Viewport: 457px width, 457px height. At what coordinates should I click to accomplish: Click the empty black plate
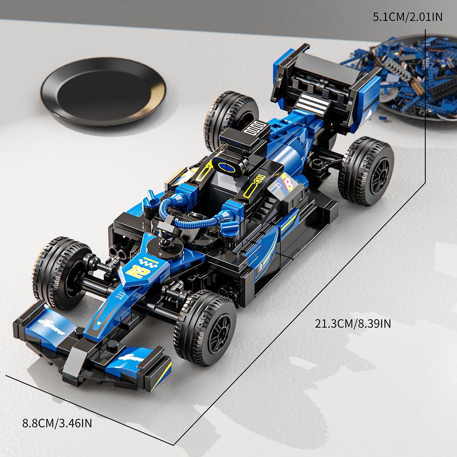click(103, 91)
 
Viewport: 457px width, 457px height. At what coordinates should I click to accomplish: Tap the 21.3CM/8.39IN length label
click(353, 324)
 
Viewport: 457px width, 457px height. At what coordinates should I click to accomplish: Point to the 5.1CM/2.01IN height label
click(407, 17)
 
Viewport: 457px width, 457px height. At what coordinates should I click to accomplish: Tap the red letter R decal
click(288, 183)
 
